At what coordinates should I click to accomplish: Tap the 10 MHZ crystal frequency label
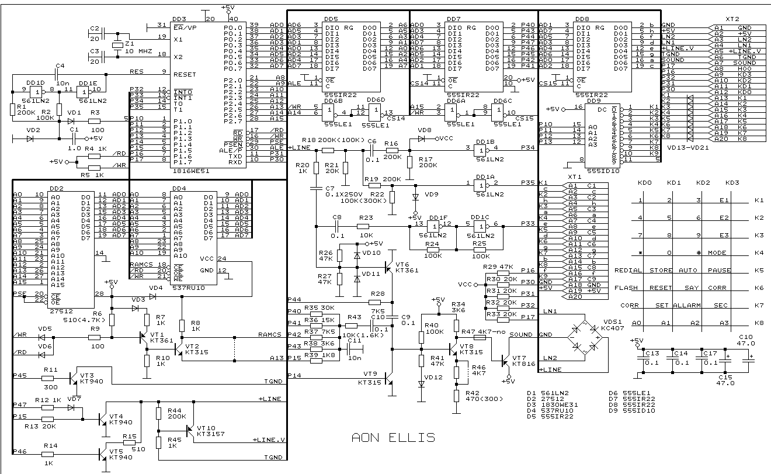pyautogui.click(x=138, y=51)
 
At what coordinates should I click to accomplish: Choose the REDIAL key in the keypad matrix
pyautogui.click(x=628, y=271)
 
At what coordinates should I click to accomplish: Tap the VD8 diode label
pyautogui.click(x=425, y=130)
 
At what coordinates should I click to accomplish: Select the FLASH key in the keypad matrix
pyautogui.click(x=626, y=288)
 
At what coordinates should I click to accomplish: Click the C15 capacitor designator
pyautogui.click(x=722, y=378)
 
